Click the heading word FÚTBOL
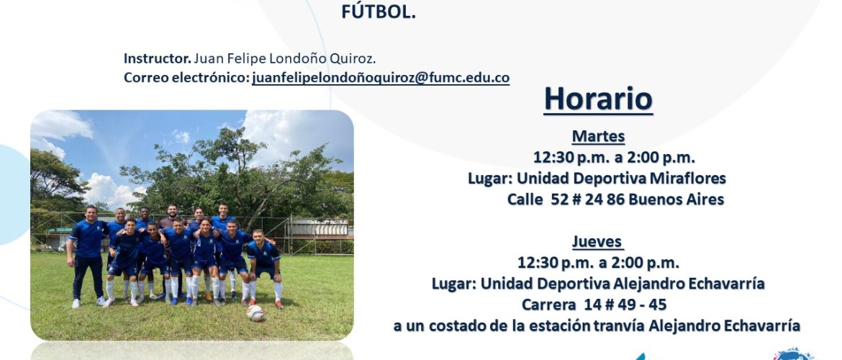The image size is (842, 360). tap(378, 12)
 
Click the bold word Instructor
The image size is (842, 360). tap(158, 58)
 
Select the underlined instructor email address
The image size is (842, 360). tap(381, 78)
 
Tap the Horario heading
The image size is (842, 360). tap(598, 99)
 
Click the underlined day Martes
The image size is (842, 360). tap(598, 137)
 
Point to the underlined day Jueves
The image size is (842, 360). tap(597, 242)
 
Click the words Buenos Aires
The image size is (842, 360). tap(676, 199)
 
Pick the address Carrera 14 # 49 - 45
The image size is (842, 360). tap(594, 305)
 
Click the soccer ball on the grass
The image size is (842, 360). tap(255, 312)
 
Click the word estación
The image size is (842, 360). tap(558, 325)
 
